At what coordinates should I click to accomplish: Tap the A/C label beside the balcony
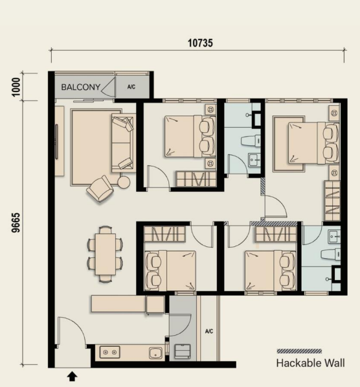pyautogui.click(x=131, y=86)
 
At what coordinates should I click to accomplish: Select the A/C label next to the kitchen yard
pyautogui.click(x=209, y=331)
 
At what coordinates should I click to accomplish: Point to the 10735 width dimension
pyautogui.click(x=201, y=43)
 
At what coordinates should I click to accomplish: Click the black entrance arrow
pyautogui.click(x=72, y=375)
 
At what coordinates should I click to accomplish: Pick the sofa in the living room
pyautogui.click(x=122, y=143)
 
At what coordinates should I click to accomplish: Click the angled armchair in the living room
pyautogui.click(x=100, y=189)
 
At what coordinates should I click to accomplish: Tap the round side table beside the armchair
pyautogui.click(x=123, y=183)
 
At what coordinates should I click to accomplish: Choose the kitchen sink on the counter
pyautogui.click(x=155, y=353)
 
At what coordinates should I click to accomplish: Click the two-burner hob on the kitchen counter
pyautogui.click(x=110, y=353)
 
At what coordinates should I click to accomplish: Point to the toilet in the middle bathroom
pyautogui.click(x=249, y=140)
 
